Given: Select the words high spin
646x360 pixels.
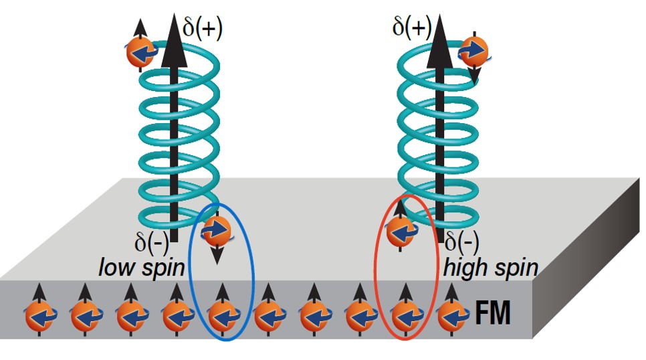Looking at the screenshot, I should pos(491,268).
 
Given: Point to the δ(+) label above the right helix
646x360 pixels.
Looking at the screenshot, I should pos(411,28).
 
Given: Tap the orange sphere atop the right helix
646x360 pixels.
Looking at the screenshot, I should pos(473,51).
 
